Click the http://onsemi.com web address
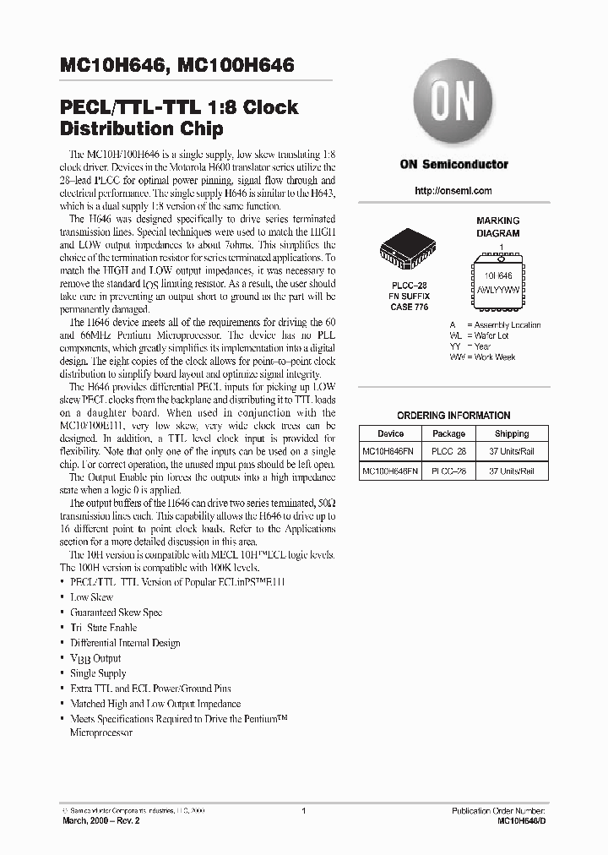[x=453, y=191]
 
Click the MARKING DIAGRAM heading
[x=498, y=226]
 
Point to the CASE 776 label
[x=409, y=307]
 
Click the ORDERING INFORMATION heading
[x=453, y=416]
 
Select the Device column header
[x=390, y=433]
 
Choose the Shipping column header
[x=512, y=433]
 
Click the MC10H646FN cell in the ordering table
[x=390, y=452]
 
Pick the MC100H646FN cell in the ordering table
[x=390, y=471]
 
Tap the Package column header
[x=448, y=433]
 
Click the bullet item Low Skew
[x=91, y=597]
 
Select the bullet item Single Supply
[x=98, y=673]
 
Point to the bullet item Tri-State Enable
[x=103, y=628]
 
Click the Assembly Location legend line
[x=495, y=325]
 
